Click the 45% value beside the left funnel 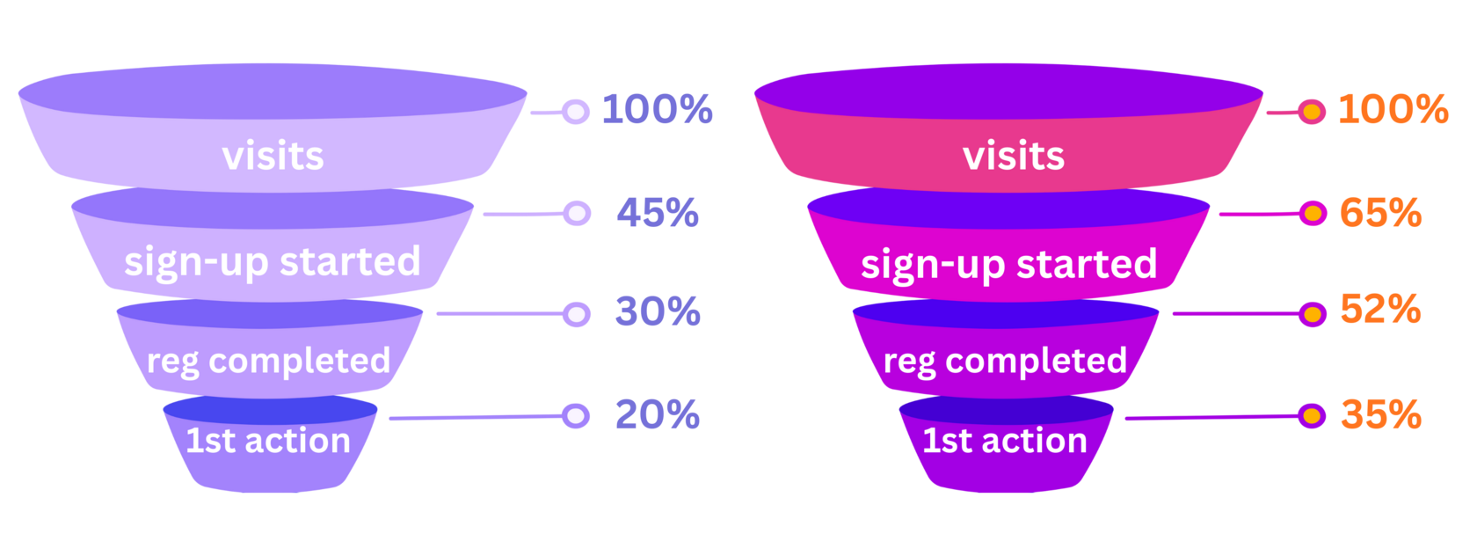[x=658, y=213]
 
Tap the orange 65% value [x=1380, y=213]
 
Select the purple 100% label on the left [x=657, y=109]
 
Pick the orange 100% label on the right [x=1393, y=109]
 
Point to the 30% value [x=658, y=311]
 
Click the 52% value [x=1380, y=309]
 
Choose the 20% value [x=658, y=414]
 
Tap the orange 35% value [x=1380, y=414]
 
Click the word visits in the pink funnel [x=1014, y=157]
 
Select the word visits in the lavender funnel [x=273, y=157]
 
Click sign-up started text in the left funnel [x=273, y=262]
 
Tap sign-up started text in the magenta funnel [x=1008, y=265]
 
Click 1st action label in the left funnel [x=268, y=441]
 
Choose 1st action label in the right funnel [x=1005, y=441]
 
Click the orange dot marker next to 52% [x=1313, y=314]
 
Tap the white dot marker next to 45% [x=577, y=213]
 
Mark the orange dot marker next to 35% [x=1313, y=415]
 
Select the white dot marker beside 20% [x=577, y=415]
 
